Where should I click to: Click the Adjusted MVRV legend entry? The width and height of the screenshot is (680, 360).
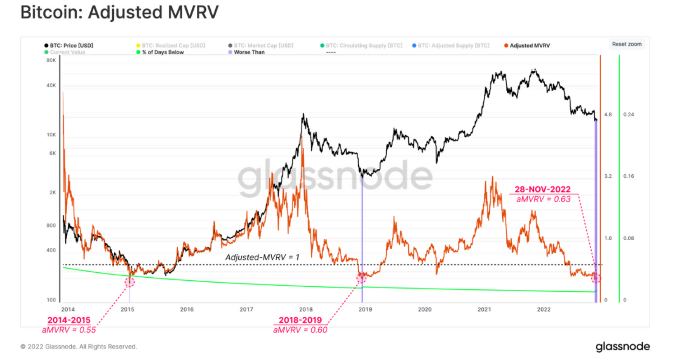pos(529,46)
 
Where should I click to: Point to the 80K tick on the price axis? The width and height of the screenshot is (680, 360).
pos(51,62)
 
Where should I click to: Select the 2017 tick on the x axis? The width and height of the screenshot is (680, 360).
pos(246,309)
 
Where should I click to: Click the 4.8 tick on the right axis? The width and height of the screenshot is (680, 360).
pos(607,115)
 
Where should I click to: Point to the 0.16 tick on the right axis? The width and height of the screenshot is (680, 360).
pos(628,176)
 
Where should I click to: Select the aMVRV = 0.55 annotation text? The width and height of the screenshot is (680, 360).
pos(69,330)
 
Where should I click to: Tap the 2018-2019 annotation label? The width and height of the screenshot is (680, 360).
pos(300,320)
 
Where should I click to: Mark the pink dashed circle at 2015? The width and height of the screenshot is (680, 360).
pos(129,281)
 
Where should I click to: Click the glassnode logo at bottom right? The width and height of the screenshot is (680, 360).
pos(622,347)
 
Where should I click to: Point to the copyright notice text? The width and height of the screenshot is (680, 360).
pos(79,347)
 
